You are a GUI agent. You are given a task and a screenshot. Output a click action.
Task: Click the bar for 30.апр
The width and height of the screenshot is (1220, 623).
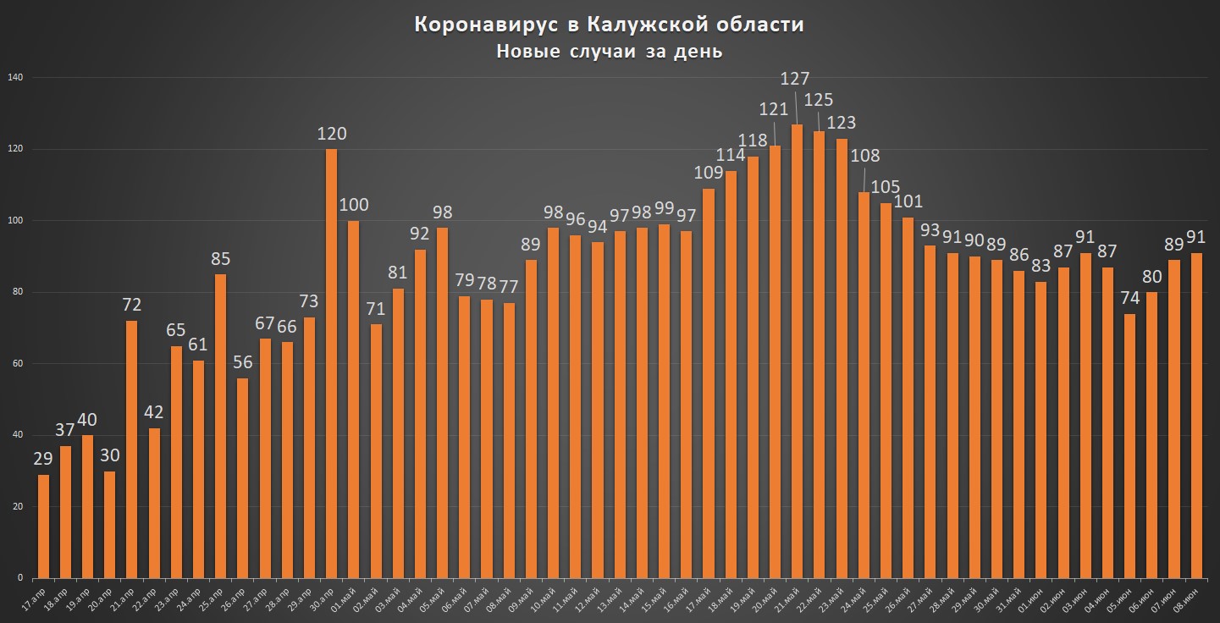click(x=331, y=364)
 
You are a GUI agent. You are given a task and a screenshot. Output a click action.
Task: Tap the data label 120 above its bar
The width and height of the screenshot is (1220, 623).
click(x=331, y=134)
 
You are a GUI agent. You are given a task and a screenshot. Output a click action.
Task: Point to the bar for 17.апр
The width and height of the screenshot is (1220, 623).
click(x=43, y=527)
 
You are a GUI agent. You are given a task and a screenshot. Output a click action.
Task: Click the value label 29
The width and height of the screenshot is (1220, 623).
click(x=42, y=459)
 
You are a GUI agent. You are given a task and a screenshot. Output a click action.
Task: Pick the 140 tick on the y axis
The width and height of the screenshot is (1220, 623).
click(x=14, y=78)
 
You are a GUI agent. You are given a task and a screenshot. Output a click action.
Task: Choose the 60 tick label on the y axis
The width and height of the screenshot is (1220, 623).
click(x=16, y=364)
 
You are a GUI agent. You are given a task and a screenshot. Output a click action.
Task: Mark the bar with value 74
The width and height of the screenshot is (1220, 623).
click(x=1129, y=446)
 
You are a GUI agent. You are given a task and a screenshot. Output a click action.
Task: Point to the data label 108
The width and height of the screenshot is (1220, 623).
click(x=864, y=156)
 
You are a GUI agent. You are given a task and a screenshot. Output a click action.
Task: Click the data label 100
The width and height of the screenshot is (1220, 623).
click(x=354, y=205)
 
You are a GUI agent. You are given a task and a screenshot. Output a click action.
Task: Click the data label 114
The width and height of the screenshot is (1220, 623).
click(x=731, y=155)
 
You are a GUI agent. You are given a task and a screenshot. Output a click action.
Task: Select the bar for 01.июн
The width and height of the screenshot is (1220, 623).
click(x=1041, y=430)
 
